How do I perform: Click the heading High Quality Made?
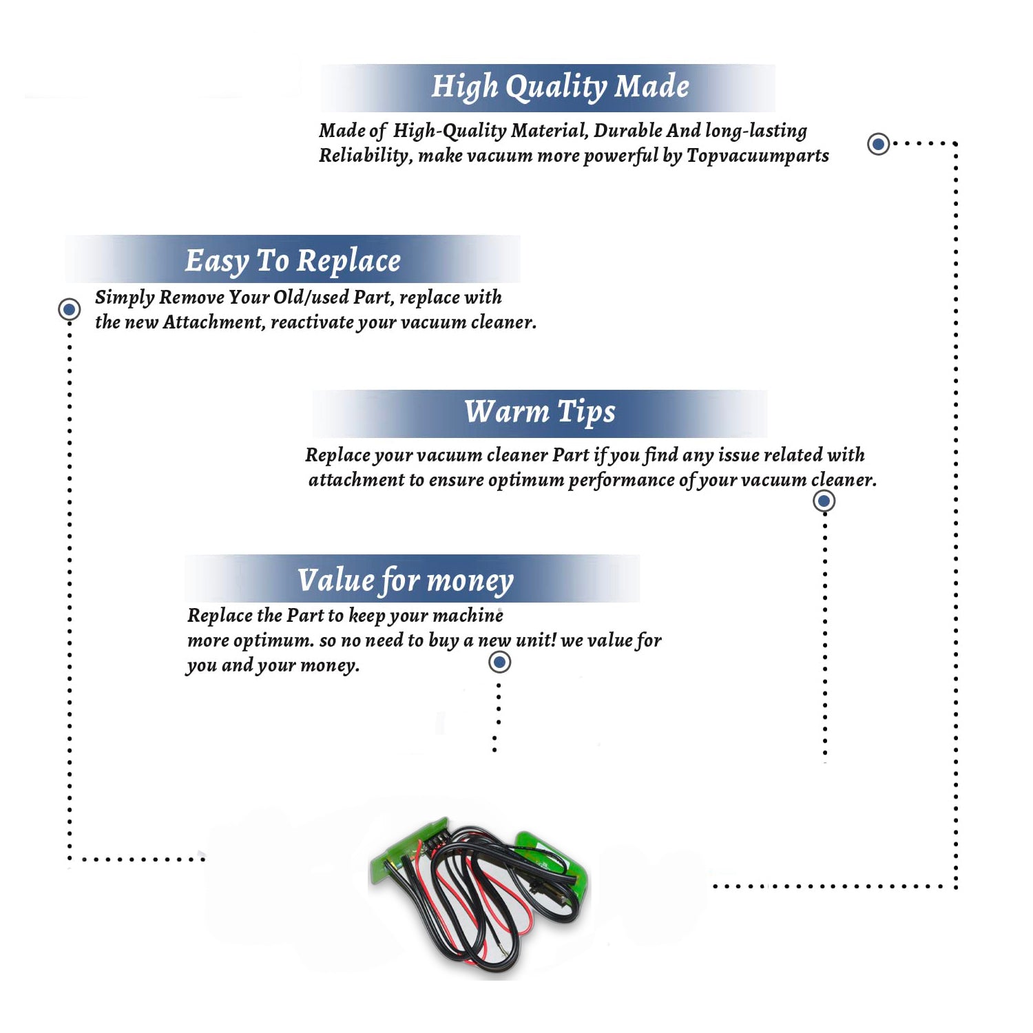coord(560,87)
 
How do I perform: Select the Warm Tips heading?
coord(540,413)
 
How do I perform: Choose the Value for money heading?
coord(406,581)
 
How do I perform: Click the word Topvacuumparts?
coord(758,156)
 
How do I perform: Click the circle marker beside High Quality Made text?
coord(878,144)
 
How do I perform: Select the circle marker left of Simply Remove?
coord(69,309)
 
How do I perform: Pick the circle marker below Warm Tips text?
coord(824,501)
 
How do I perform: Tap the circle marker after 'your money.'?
coord(499,662)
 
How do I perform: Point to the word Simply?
coord(125,298)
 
